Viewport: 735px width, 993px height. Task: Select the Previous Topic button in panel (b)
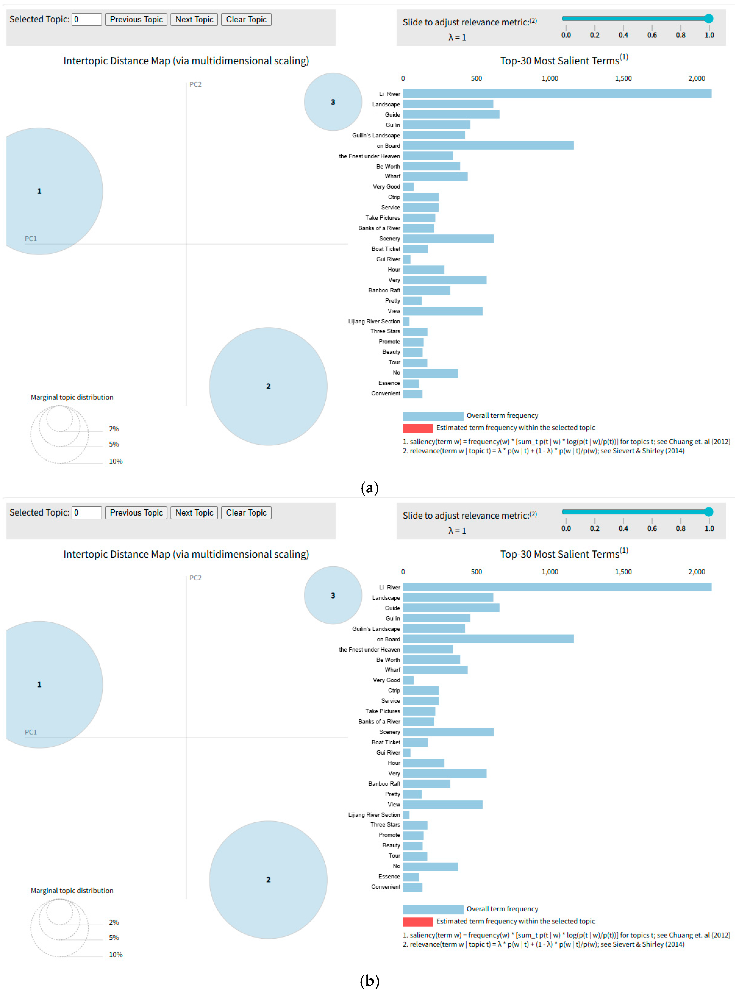coord(136,513)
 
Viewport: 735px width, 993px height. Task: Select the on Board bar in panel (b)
coord(488,639)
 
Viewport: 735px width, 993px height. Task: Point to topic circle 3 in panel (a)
coord(333,102)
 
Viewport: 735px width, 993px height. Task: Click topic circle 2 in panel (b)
coord(268,880)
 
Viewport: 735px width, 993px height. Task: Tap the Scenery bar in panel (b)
coord(448,732)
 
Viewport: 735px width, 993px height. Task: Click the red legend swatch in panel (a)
coord(417,428)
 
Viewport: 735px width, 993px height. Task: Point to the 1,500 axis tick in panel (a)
coord(623,78)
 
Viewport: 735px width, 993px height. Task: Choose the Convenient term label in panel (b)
coord(385,887)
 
